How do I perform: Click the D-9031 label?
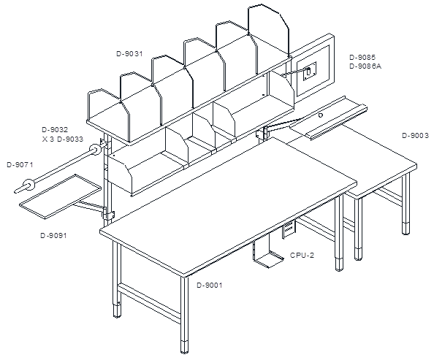click(129, 54)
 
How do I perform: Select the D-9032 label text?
click(55, 130)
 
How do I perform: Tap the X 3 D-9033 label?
click(63, 139)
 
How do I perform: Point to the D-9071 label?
click(20, 165)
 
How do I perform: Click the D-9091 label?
click(53, 236)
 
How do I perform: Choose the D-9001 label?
click(210, 286)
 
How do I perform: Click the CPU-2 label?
click(302, 256)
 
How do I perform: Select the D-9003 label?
click(416, 136)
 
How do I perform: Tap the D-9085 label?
click(362, 58)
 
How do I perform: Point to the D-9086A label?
click(365, 66)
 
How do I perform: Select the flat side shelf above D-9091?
click(61, 196)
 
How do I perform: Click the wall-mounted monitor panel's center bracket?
click(310, 72)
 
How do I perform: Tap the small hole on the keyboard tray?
click(321, 115)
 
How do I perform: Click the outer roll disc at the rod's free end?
click(28, 185)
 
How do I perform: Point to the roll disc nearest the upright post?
click(95, 150)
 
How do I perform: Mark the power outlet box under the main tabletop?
click(289, 229)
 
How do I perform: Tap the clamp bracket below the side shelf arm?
click(108, 215)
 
